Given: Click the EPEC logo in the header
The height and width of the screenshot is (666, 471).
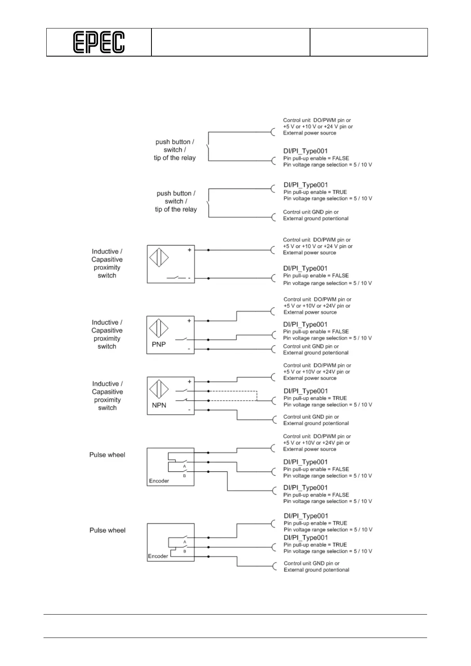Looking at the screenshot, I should pos(99,42).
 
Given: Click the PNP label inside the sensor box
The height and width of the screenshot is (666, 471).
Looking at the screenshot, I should pos(159,344).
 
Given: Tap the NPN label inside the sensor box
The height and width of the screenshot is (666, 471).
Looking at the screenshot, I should pos(159,405).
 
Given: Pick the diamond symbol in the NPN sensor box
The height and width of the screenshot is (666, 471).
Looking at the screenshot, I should pos(159,389).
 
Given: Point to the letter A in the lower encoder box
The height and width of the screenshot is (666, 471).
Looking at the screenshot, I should pos(185,542).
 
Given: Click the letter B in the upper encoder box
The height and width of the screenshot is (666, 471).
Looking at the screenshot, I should pos(184,476).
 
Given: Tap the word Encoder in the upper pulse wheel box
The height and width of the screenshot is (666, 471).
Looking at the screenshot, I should pos(159,481).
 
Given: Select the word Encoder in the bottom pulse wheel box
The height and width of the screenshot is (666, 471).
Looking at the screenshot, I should pos(158,556).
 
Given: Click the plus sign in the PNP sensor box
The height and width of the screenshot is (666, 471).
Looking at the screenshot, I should pos(189,321).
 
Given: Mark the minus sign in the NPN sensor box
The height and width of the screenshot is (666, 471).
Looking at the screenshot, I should pos(189,410).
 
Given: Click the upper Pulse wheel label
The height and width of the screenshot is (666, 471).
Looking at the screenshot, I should pos(107,455).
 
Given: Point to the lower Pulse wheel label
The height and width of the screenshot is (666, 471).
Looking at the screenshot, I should pos(107,530).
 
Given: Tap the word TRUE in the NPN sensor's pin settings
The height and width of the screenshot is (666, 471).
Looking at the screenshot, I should pos(340,398).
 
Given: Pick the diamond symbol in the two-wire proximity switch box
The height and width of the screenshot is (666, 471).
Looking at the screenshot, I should pos(159,258).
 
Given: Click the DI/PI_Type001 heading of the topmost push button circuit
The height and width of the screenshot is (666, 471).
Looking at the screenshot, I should pos(305,151).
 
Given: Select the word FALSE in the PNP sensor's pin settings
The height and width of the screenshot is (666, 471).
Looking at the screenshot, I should pos(340,331).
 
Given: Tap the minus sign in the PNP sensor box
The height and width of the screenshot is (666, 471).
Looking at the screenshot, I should pos(189,349).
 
